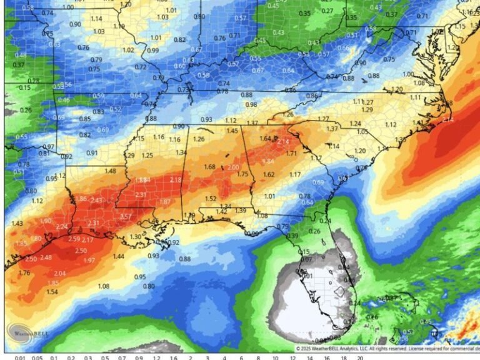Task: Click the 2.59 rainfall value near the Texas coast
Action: click(74, 239)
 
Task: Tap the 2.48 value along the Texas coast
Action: click(46, 257)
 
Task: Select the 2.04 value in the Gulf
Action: click(60, 274)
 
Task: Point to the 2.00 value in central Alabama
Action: click(233, 167)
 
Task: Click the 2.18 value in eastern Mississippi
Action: click(176, 180)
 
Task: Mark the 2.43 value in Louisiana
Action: click(96, 200)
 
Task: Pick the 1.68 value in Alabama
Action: click(209, 167)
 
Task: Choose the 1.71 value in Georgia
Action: click(291, 153)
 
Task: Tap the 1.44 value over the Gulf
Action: click(118, 256)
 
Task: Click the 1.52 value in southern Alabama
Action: click(211, 199)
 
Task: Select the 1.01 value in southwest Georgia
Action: click(269, 196)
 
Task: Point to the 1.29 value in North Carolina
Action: click(367, 110)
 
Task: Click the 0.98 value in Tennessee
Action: click(251, 104)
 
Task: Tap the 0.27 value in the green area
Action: click(327, 11)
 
